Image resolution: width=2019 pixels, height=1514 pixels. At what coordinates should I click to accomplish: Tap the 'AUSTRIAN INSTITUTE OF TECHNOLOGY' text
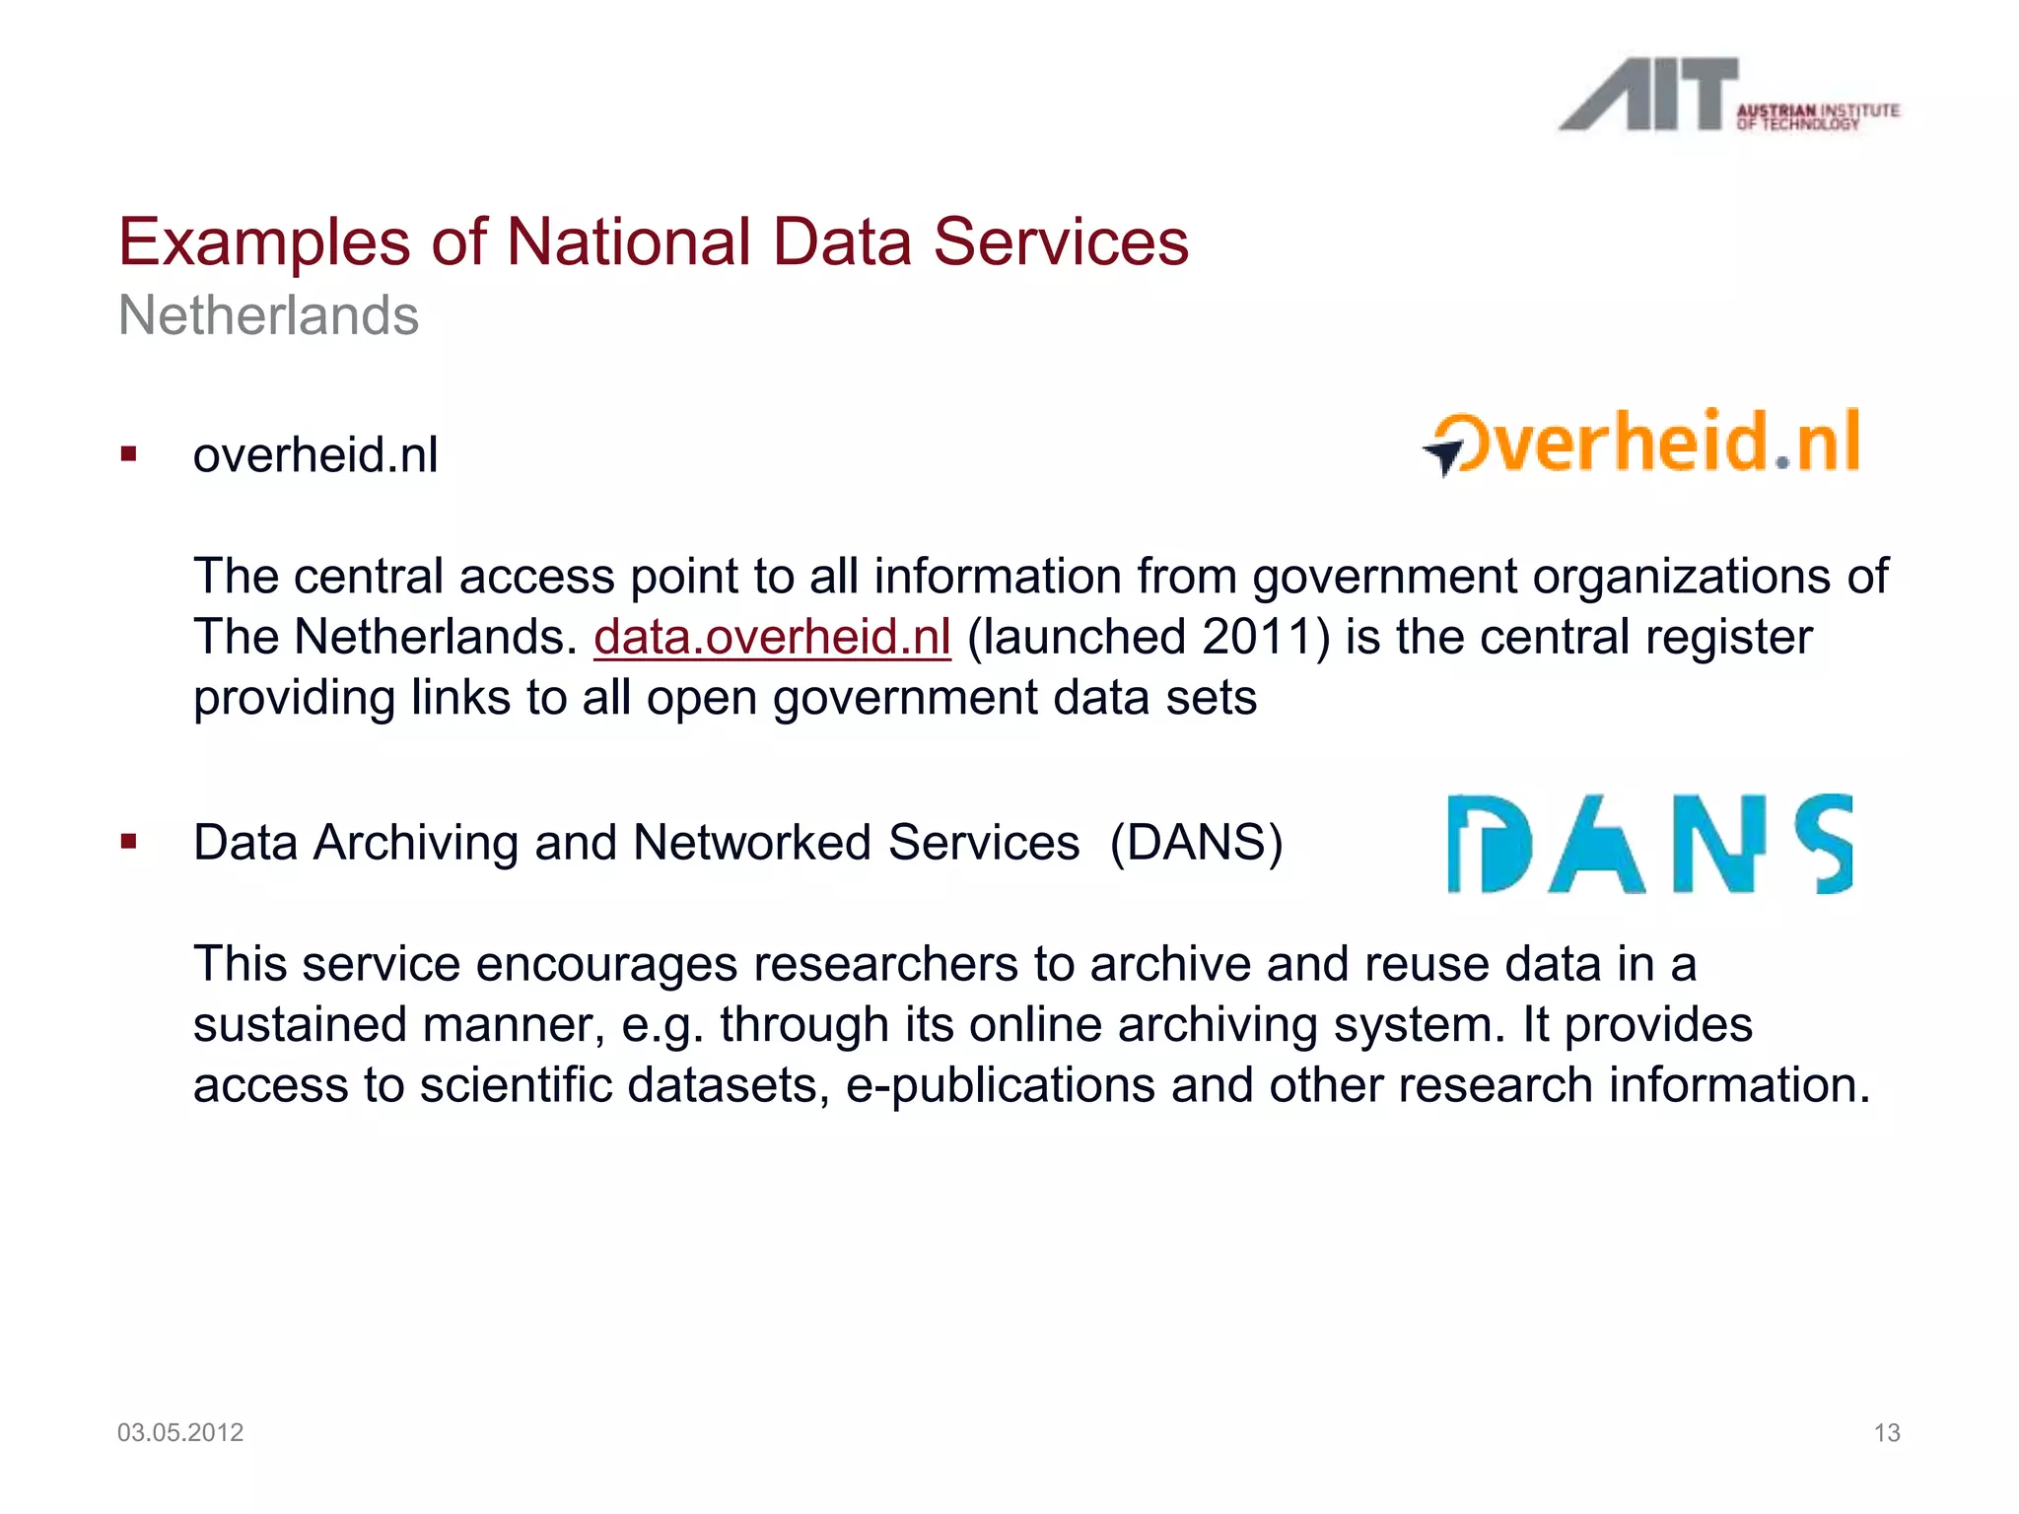click(x=1817, y=116)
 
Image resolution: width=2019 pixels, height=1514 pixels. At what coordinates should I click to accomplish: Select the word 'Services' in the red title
click(x=1061, y=242)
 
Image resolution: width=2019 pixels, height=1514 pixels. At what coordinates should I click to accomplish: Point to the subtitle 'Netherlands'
click(x=268, y=315)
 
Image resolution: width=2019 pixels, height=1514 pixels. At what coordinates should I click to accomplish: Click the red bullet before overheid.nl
click(x=128, y=454)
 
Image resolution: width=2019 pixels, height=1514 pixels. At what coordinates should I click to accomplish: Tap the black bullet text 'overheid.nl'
click(x=315, y=455)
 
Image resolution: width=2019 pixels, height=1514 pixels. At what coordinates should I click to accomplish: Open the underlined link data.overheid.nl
click(x=772, y=637)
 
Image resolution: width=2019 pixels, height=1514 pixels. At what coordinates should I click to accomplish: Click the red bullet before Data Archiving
click(x=128, y=842)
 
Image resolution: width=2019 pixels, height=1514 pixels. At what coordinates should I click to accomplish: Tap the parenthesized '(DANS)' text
click(x=1196, y=843)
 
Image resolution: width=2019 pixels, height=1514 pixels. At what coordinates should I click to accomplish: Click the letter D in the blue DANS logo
click(x=1489, y=845)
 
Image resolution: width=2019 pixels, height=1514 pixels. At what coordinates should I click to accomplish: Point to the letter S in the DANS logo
click(x=1824, y=844)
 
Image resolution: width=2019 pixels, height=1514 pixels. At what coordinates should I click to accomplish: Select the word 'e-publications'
click(x=1000, y=1085)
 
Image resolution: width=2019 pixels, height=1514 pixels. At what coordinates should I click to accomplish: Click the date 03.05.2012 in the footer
click(x=180, y=1432)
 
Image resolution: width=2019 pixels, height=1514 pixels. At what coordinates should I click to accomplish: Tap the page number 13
click(x=1886, y=1432)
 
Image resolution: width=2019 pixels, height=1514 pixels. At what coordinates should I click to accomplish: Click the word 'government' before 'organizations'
click(x=1384, y=577)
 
